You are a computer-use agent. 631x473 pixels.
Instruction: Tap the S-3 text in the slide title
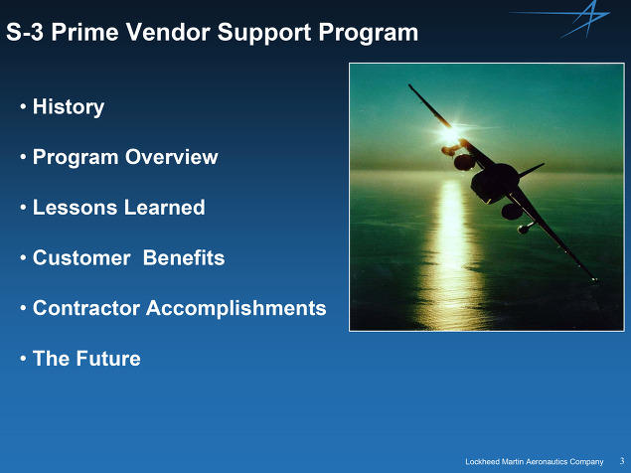(25, 32)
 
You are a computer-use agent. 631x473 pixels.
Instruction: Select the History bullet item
(69, 107)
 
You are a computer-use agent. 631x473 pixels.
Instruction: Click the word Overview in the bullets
(172, 157)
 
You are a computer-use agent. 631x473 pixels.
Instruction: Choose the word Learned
(165, 208)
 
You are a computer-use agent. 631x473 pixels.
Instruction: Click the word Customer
(81, 257)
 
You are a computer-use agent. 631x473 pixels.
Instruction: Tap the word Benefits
(184, 257)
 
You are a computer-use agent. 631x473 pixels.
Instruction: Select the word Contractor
(86, 308)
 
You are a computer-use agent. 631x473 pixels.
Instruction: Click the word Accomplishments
(237, 309)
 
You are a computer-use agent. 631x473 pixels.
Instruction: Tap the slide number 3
(622, 461)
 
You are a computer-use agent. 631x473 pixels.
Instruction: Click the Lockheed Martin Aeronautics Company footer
(535, 462)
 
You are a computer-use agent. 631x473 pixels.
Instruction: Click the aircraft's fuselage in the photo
(494, 182)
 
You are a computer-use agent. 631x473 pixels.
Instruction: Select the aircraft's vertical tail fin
(532, 170)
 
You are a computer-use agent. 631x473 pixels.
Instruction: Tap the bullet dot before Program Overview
(23, 157)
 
